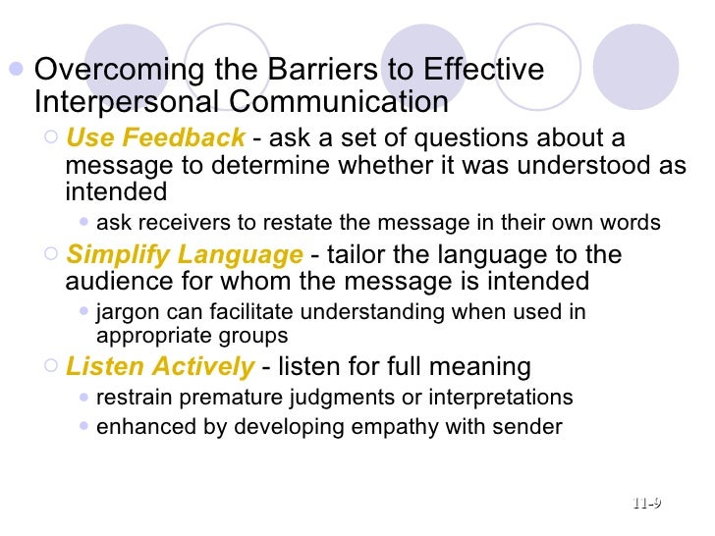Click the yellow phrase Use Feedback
155,137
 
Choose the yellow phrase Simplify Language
184,255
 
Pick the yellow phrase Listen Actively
159,367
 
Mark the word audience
111,283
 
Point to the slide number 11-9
646,504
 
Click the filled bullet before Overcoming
16,71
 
